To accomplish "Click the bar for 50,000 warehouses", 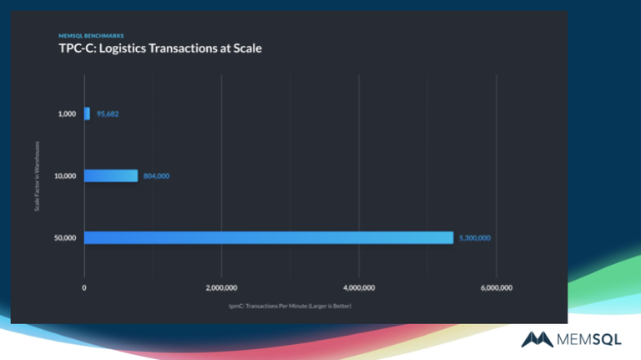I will point(268,238).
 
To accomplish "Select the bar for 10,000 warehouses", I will point(110,176).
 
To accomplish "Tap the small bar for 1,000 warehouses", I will point(87,114).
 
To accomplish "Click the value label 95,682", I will point(107,114).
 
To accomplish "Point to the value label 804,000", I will point(156,176).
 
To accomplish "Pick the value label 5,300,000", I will point(474,238).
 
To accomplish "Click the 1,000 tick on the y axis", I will point(67,114).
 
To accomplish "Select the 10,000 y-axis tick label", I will point(65,176).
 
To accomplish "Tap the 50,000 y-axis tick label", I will point(65,238).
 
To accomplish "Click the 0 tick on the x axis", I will point(84,287).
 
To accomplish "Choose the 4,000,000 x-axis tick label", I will point(358,287).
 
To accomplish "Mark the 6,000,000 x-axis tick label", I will point(496,287).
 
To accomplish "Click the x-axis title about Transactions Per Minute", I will point(290,306).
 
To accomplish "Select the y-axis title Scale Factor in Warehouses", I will point(37,176).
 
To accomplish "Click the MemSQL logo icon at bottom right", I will point(536,338).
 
